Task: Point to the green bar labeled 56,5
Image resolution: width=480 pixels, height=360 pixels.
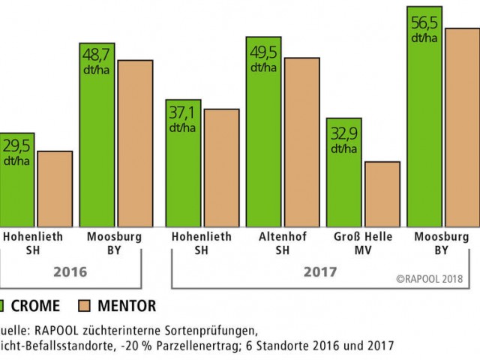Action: point(424,135)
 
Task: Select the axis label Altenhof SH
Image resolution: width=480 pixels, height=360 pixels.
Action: point(263,242)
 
